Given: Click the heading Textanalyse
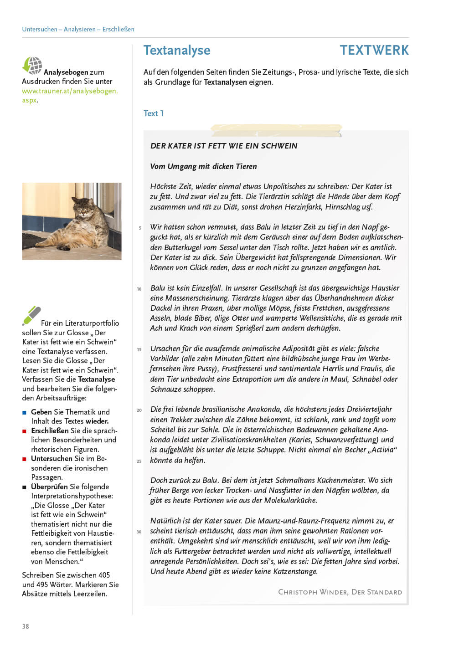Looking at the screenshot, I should pos(177,50).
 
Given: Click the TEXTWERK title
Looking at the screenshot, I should pos(374,50).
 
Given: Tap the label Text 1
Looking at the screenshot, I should pos(154,113).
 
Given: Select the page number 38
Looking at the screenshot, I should pos(26,626).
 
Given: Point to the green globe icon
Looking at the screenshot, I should pos(32,66).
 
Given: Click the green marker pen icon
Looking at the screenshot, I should pos(31,315).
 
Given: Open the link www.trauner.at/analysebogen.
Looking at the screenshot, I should pos(70,91).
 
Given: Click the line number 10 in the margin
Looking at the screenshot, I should pos(139,289).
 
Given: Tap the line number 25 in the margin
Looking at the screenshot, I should pos(139,461).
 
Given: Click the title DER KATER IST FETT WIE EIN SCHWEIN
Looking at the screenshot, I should pos(224,146).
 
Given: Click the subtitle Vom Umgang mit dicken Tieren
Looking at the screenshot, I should pos(203,166).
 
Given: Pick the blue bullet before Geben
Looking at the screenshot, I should pos(25,412).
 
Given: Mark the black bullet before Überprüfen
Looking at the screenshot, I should pos(25,487).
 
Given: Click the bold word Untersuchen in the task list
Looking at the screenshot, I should pos(52,458).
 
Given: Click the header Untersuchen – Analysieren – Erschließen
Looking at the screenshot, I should pos(78,29).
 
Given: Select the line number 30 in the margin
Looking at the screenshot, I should pos(139,532).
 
